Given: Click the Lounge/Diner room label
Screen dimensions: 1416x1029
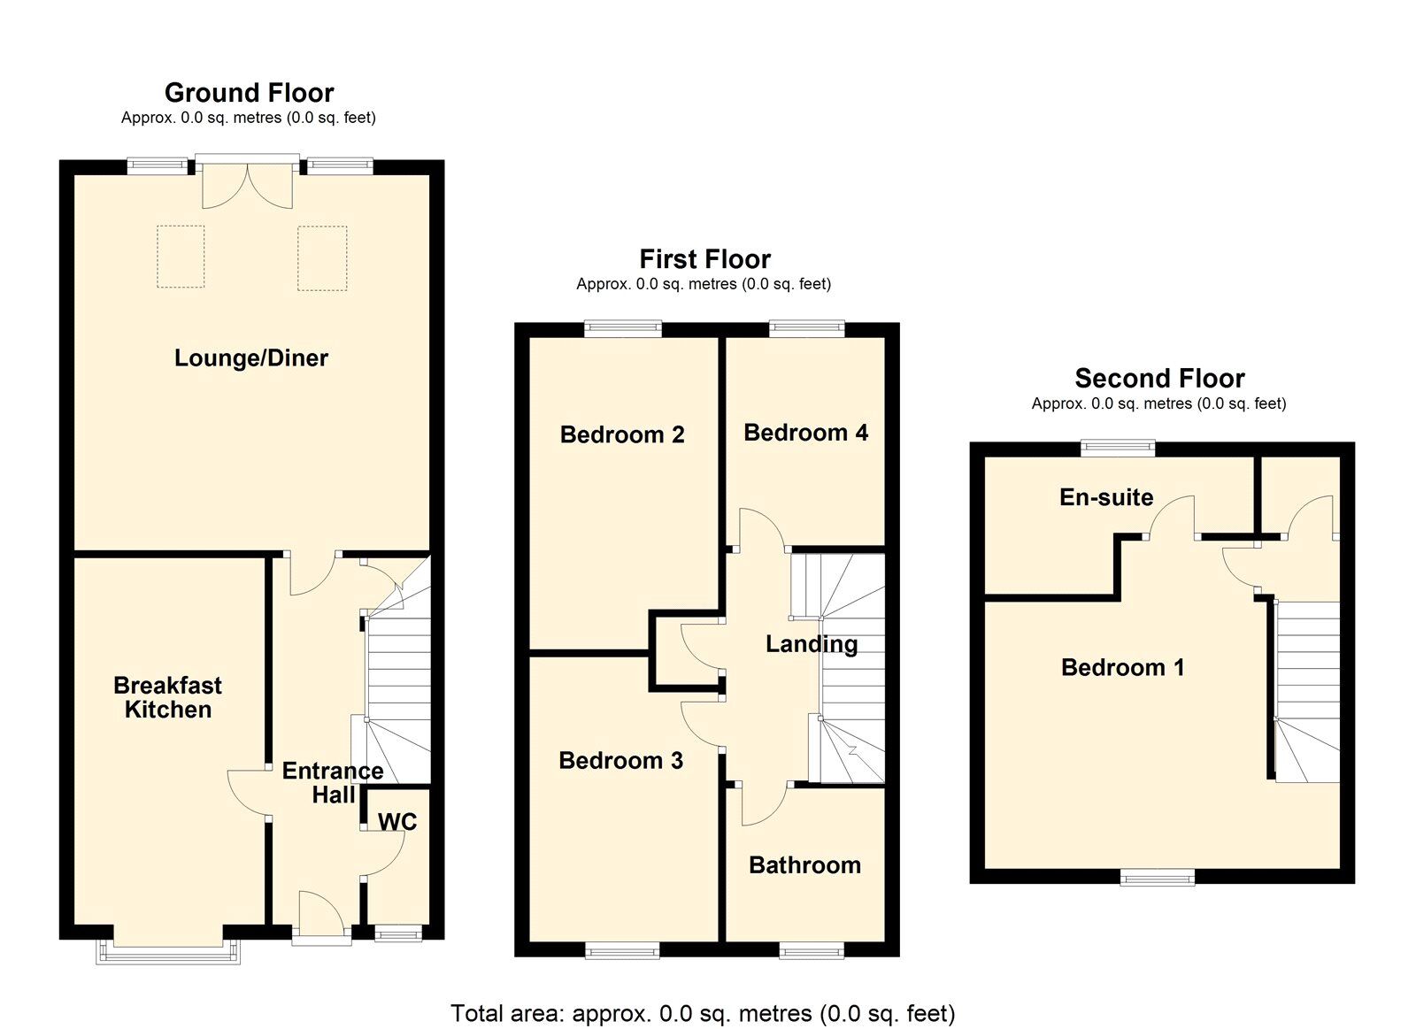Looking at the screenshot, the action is pos(251,358).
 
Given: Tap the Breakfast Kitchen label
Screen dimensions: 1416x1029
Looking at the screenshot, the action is pos(167,697).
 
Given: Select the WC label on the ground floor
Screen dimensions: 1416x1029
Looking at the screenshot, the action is pos(397,822).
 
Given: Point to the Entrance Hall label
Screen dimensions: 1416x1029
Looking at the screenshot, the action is pos(333,782).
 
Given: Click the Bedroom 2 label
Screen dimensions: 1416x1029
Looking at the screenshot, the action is pos(622,434).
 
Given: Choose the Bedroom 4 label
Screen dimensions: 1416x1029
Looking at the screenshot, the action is pos(805,433).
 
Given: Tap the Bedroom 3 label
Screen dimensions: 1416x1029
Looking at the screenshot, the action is pos(620,760).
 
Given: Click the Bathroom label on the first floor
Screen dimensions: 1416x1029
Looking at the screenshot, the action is pos(804,864).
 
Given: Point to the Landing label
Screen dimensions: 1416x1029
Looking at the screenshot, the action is pos(812,644).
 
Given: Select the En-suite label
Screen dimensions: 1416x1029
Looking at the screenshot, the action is pos(1106,497).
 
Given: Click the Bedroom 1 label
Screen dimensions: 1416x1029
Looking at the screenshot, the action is pos(1123,667).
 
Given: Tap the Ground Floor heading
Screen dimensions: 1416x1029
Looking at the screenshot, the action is pos(249,93).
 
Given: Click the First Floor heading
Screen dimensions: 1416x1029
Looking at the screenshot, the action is pos(704,259).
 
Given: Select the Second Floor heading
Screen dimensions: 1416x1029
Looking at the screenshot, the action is pos(1160,379).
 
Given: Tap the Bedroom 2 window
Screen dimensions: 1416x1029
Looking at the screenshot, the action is pos(623,327).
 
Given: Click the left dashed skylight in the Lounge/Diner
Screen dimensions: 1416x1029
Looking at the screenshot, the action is pos(181,257).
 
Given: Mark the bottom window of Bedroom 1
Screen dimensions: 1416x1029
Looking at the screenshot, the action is pos(1158,878).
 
